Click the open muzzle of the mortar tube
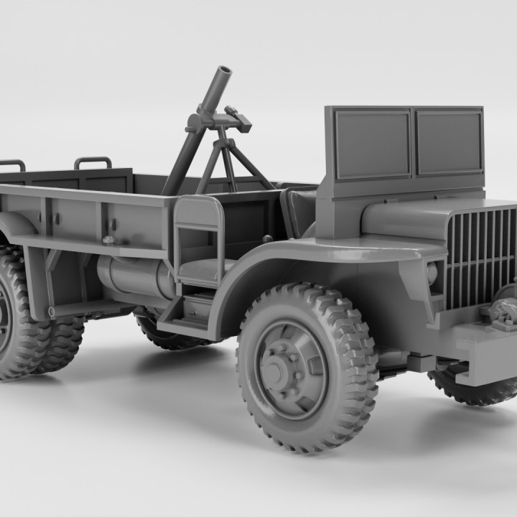click(x=224, y=73)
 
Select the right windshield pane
click(x=448, y=141)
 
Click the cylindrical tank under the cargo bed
click(x=136, y=276)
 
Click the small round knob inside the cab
click(x=267, y=238)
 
